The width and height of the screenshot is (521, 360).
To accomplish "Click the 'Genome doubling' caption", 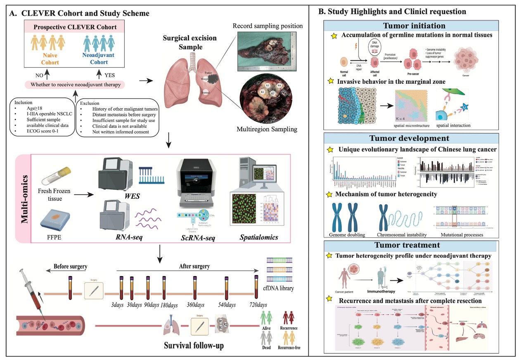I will (348, 235).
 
